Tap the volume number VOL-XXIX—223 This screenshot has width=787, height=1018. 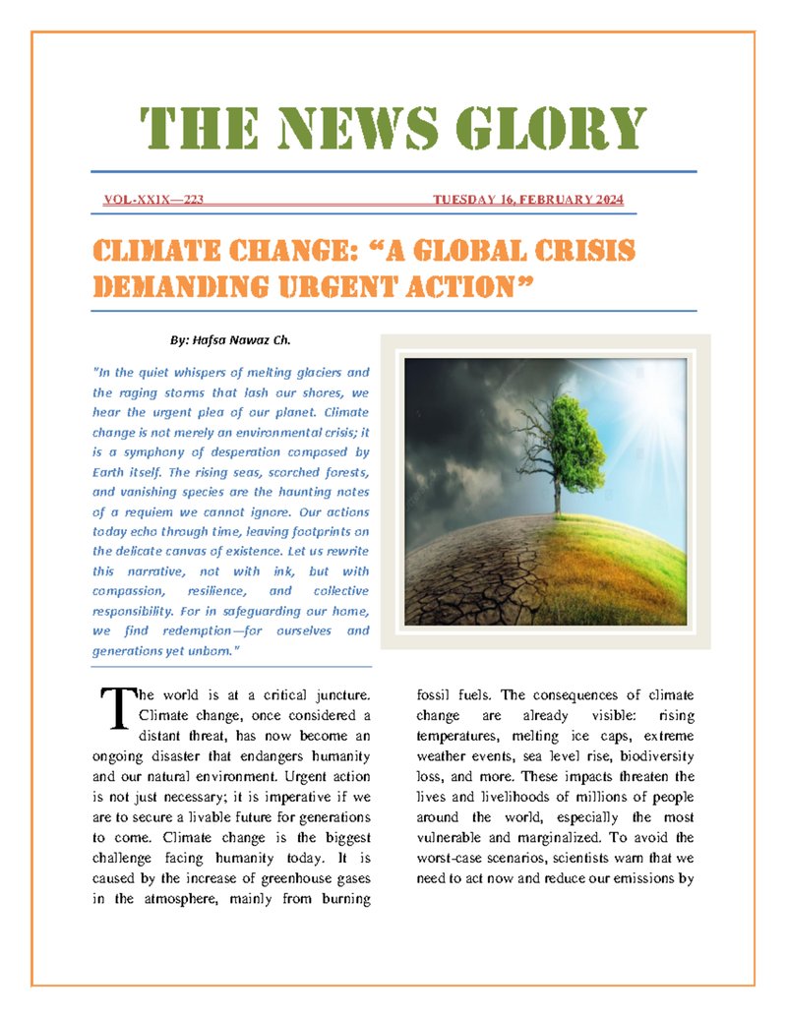pyautogui.click(x=153, y=201)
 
